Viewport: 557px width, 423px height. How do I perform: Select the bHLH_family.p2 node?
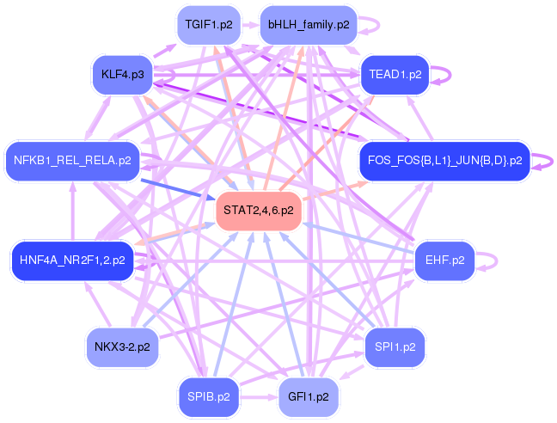pos(309,25)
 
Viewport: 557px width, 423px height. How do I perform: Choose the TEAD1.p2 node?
pos(395,75)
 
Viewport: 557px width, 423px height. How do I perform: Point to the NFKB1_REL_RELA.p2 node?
pos(73,160)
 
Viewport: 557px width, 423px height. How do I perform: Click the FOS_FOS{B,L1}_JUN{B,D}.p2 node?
pos(444,161)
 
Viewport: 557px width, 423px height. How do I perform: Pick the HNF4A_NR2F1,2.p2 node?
pos(73,260)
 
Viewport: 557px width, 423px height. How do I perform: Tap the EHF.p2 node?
pos(444,260)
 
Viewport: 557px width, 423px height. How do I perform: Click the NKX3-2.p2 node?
pos(123,347)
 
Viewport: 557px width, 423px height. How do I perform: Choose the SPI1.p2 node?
pos(395,346)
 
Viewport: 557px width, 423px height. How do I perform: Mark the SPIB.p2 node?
pos(208,397)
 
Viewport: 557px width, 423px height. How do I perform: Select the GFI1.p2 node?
pos(309,397)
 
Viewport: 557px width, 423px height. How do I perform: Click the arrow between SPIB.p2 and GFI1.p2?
pos(258,397)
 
